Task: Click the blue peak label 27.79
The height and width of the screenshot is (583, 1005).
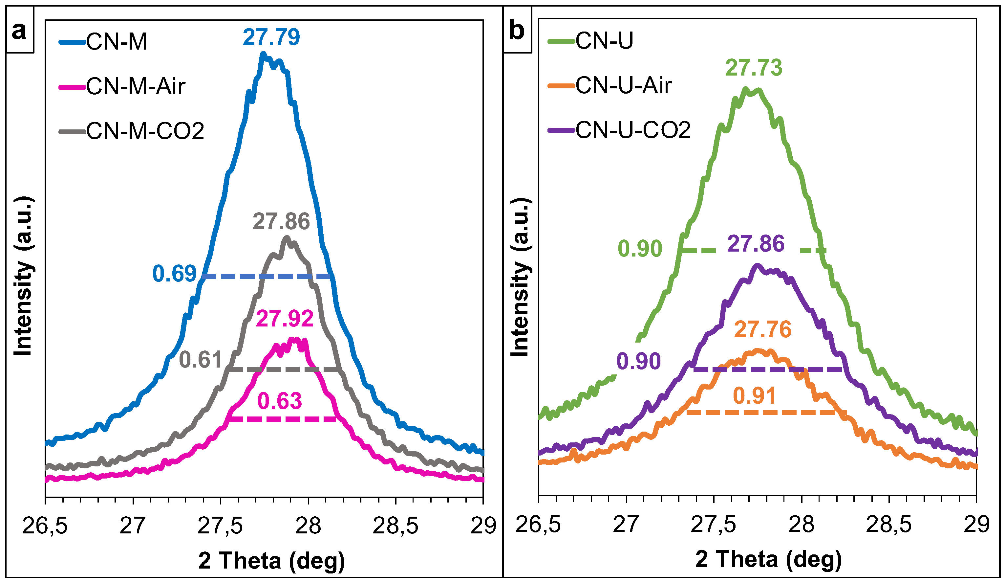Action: [271, 37]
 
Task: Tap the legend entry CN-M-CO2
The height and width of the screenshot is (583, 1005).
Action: [145, 131]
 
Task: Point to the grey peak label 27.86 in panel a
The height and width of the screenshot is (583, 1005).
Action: [281, 221]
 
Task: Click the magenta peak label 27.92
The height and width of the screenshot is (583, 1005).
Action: [284, 319]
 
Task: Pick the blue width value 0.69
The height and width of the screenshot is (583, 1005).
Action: [175, 274]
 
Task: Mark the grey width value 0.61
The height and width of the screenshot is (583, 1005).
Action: [201, 360]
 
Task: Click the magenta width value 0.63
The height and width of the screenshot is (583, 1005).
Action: [280, 401]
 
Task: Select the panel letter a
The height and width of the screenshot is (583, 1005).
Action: [19, 30]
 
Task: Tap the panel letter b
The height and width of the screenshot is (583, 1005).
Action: [517, 30]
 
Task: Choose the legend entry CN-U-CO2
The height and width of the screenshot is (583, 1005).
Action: [633, 130]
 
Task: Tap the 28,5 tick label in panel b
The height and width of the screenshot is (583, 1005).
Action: [888, 524]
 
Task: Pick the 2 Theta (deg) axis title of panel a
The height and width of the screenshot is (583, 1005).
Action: [271, 561]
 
